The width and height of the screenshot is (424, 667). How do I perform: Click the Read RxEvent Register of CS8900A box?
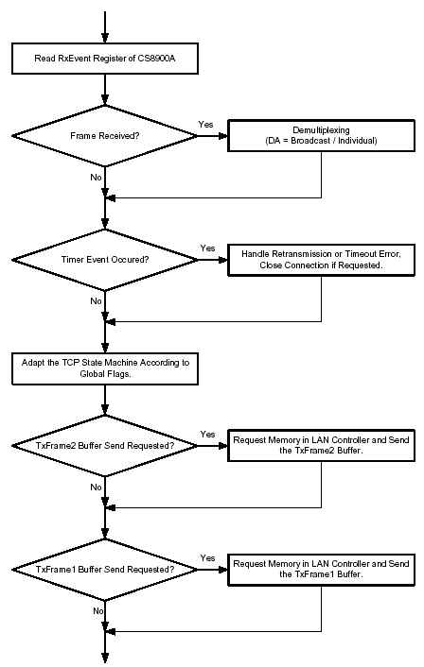(105, 59)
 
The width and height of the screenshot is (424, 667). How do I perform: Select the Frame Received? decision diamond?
(105, 136)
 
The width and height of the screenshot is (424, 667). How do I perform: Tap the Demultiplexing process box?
(321, 136)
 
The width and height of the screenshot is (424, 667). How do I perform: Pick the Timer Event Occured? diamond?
(105, 260)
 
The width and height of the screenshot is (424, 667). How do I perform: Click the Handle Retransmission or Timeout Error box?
(321, 260)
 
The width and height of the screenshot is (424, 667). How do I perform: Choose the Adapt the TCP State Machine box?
(105, 368)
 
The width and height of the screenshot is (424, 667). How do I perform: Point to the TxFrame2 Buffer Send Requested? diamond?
(105, 446)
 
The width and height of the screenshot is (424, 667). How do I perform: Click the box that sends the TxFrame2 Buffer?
(321, 445)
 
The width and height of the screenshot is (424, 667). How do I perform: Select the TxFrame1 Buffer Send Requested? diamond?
(105, 570)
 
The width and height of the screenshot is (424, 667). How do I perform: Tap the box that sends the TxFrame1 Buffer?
(321, 570)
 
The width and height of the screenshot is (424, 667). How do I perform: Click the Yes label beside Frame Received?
(205, 124)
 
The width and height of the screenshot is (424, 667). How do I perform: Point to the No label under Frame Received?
(96, 177)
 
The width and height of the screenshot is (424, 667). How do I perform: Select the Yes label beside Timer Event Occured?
(207, 248)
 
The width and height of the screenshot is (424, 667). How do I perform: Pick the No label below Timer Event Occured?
(96, 301)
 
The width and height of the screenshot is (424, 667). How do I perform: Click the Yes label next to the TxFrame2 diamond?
(207, 435)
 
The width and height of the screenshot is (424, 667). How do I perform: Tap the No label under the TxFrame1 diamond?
(98, 611)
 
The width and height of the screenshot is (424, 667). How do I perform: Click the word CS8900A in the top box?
(156, 59)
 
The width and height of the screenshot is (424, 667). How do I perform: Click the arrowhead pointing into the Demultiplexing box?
(223, 136)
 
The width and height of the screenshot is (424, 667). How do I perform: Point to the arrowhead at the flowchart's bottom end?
(105, 658)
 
